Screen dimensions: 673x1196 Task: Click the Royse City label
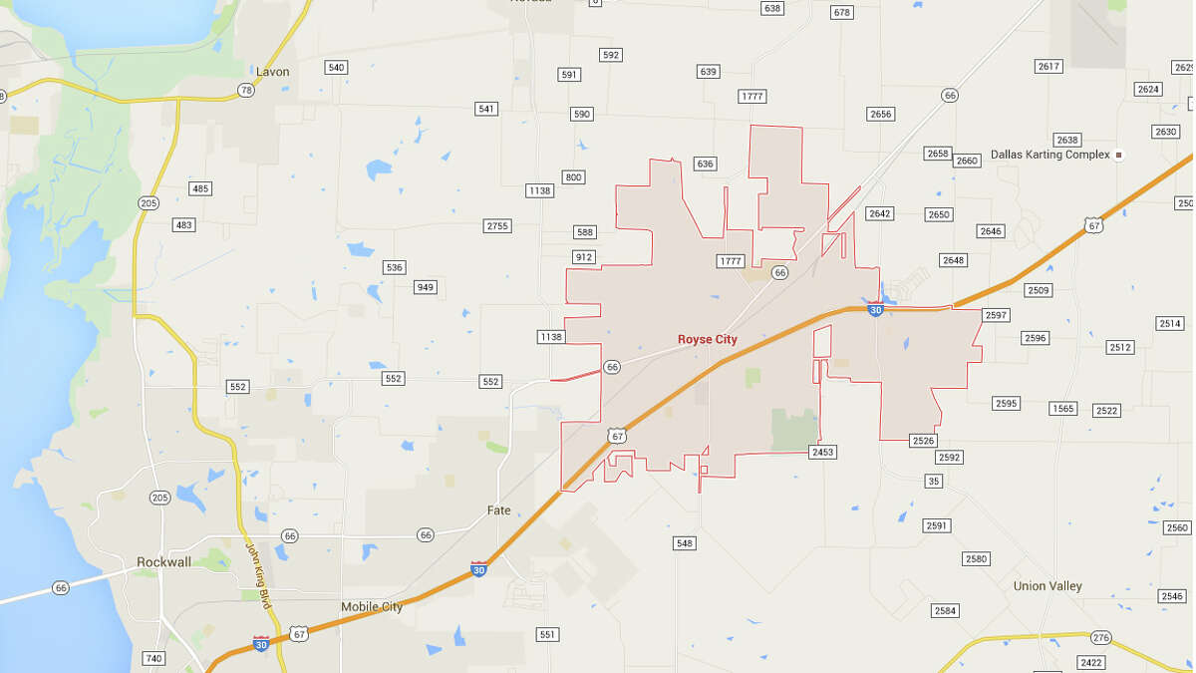point(708,339)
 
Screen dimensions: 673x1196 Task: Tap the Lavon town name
point(272,72)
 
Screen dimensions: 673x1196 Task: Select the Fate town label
point(498,510)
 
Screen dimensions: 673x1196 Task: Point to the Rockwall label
point(163,562)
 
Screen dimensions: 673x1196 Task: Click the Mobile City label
point(372,606)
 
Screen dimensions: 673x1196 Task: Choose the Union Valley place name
point(1047,586)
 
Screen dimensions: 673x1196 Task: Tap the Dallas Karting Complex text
point(1049,155)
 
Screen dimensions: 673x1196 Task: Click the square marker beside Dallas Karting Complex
point(1119,155)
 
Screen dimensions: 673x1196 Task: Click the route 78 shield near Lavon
point(245,90)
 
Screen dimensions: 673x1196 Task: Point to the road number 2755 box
point(497,226)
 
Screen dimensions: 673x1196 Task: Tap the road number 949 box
point(426,287)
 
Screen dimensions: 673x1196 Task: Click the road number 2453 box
point(822,452)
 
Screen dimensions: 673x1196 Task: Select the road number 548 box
point(684,543)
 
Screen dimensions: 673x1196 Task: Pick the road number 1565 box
point(1063,409)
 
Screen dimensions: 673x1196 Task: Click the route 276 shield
point(1100,637)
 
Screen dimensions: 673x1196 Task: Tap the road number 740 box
point(152,658)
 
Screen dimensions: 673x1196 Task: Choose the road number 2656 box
point(880,115)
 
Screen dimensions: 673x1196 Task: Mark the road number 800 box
point(573,177)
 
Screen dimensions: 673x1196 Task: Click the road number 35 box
point(933,482)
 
